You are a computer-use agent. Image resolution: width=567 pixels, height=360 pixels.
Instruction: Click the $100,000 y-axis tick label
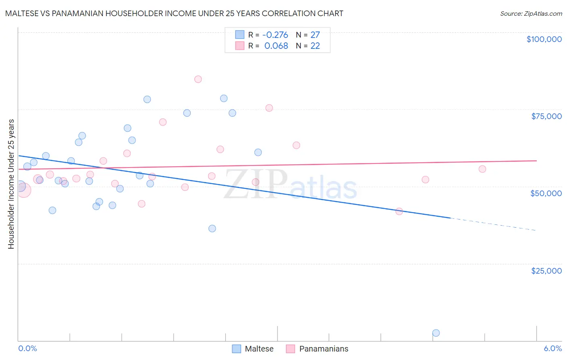pos(544,39)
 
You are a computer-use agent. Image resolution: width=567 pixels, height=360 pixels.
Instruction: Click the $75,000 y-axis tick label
pos(546,116)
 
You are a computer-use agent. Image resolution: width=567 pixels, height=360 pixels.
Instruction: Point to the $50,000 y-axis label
pos(546,193)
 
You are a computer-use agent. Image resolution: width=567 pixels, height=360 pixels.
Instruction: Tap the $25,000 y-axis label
pos(546,271)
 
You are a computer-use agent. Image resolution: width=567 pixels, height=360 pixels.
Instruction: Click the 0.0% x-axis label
pos(27,349)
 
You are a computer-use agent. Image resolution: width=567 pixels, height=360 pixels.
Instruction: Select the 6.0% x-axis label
pos(552,349)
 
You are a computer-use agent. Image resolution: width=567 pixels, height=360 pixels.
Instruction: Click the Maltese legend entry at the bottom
pos(253,349)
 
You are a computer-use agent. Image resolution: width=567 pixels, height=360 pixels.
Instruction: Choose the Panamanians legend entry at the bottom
pos(317,349)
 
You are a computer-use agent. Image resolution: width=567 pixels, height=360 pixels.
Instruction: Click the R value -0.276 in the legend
pos(275,35)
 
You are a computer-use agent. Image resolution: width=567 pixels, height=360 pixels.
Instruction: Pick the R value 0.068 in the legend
pos(276,46)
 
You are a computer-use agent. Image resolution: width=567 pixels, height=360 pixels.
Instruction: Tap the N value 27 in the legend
pos(315,35)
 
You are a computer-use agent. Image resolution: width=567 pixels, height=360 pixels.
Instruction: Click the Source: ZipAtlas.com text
pos(531,13)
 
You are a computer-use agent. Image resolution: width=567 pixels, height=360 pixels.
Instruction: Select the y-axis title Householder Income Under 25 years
pos(11,184)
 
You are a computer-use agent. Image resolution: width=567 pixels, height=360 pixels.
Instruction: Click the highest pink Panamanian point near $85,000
pos(198,79)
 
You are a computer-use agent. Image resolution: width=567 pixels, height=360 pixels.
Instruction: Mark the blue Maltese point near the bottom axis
pos(436,333)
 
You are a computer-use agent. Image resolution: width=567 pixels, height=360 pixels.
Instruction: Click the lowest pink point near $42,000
pos(399,211)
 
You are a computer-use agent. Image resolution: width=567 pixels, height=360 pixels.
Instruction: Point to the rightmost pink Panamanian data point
pos(482,169)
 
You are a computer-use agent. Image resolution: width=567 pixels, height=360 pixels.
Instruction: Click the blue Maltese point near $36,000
pos(212,228)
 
